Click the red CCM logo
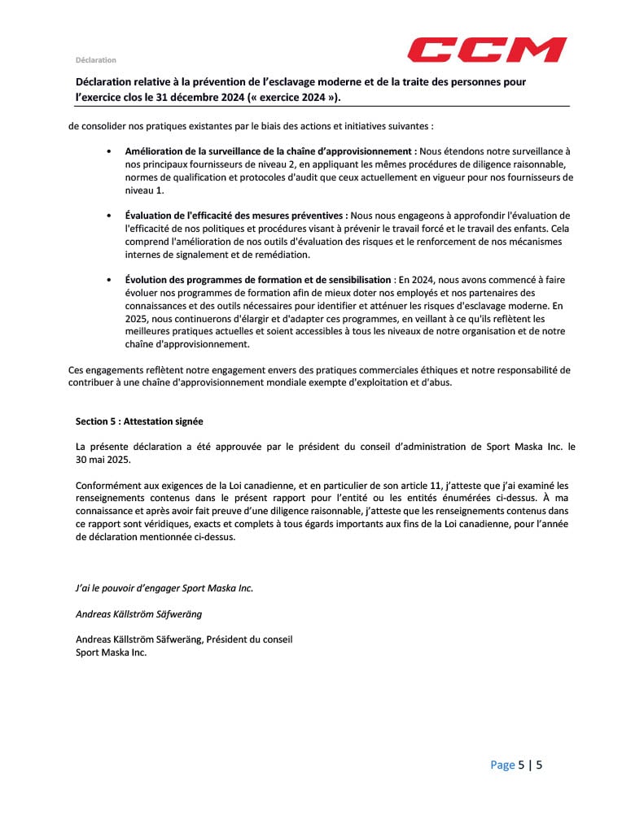click(487, 50)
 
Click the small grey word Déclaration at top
click(95, 59)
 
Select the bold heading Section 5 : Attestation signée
click(138, 421)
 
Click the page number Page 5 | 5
click(516, 765)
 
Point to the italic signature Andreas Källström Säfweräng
click(138, 614)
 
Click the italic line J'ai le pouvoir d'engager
click(164, 588)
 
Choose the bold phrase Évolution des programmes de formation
click(257, 280)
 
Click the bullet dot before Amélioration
click(109, 151)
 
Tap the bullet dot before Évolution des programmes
click(109, 280)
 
